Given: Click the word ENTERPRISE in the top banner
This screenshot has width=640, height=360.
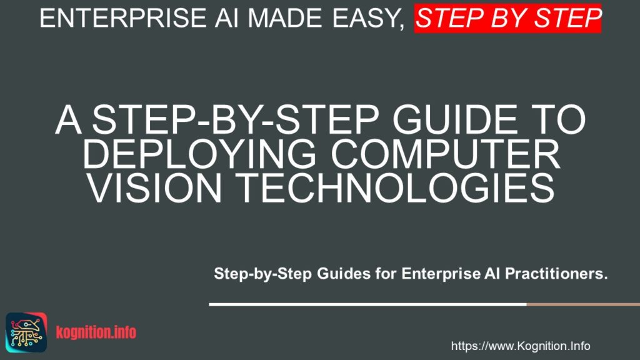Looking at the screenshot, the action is (123, 18).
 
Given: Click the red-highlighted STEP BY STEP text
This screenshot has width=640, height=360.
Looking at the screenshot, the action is (507, 18).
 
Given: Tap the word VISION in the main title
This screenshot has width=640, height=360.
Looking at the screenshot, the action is (155, 188).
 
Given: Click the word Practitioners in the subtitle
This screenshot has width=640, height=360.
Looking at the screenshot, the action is (556, 274).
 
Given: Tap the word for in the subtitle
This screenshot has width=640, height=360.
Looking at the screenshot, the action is (386, 274).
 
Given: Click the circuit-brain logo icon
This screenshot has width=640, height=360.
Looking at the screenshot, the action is (26, 332).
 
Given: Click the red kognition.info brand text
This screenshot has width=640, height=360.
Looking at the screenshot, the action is (96, 332).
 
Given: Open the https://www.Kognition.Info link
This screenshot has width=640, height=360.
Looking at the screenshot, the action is (521, 346).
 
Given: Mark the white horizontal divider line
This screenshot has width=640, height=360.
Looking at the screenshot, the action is (367, 304).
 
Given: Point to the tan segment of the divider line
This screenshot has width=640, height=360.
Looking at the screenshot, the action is (583, 304).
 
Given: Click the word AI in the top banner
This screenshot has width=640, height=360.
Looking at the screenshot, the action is (227, 18).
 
